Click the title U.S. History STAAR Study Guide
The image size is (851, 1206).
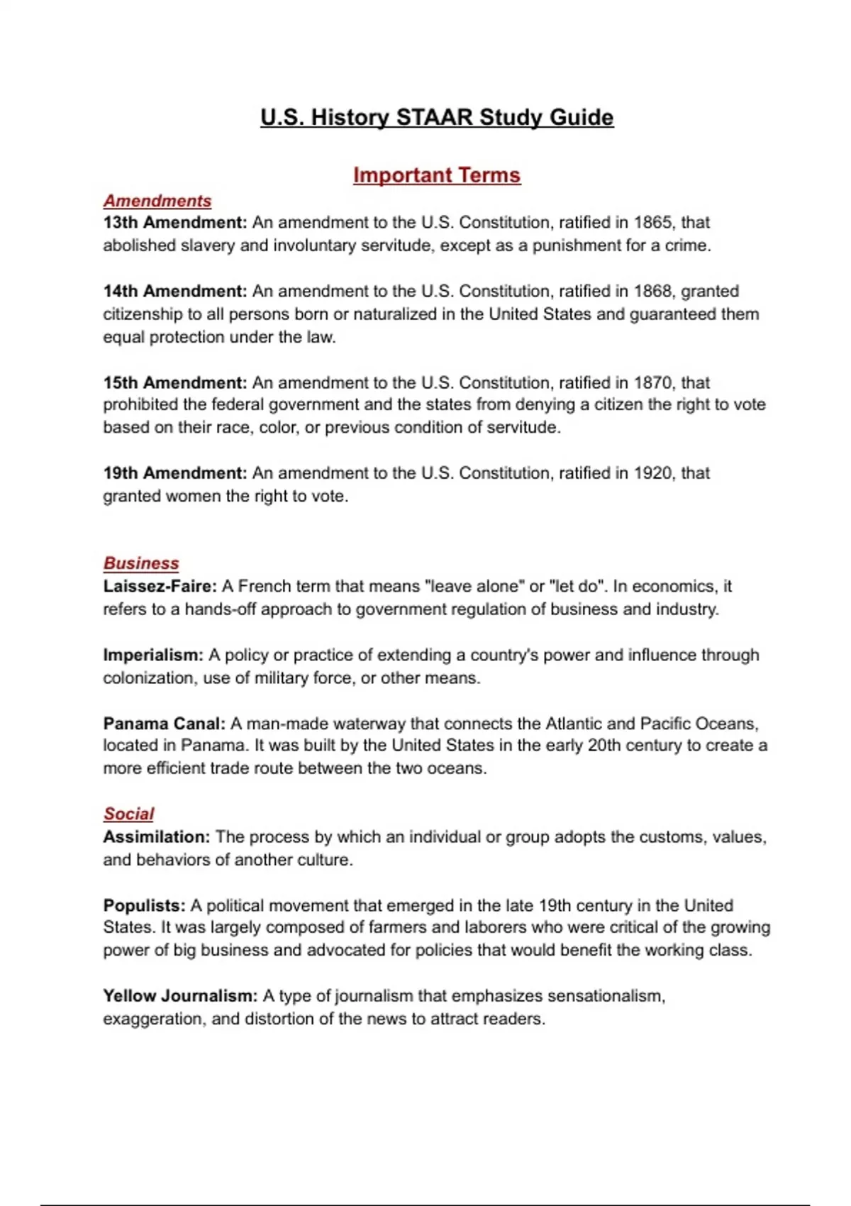[x=437, y=117]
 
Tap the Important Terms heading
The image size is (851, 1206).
[x=437, y=175]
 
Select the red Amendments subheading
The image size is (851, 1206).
[x=157, y=201]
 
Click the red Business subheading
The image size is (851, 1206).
[x=141, y=563]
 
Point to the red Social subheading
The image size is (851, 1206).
[x=128, y=814]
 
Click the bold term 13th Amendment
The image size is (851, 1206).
[x=174, y=223]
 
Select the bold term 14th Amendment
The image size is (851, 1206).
[x=174, y=292]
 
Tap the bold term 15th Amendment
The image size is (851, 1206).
[x=174, y=383]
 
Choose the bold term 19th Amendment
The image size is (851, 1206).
[x=174, y=473]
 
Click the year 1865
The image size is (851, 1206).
[x=652, y=223]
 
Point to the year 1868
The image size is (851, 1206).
[x=652, y=292]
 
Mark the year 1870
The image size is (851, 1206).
[x=652, y=383]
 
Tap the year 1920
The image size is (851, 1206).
[x=652, y=473]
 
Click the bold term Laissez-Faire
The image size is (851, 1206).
[x=160, y=587]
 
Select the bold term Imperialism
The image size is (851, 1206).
[x=152, y=655]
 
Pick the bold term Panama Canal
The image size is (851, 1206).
[x=164, y=724]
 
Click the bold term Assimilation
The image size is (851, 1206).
[x=156, y=837]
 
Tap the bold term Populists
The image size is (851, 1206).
[x=144, y=906]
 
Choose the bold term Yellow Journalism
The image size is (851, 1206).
[x=180, y=996]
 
